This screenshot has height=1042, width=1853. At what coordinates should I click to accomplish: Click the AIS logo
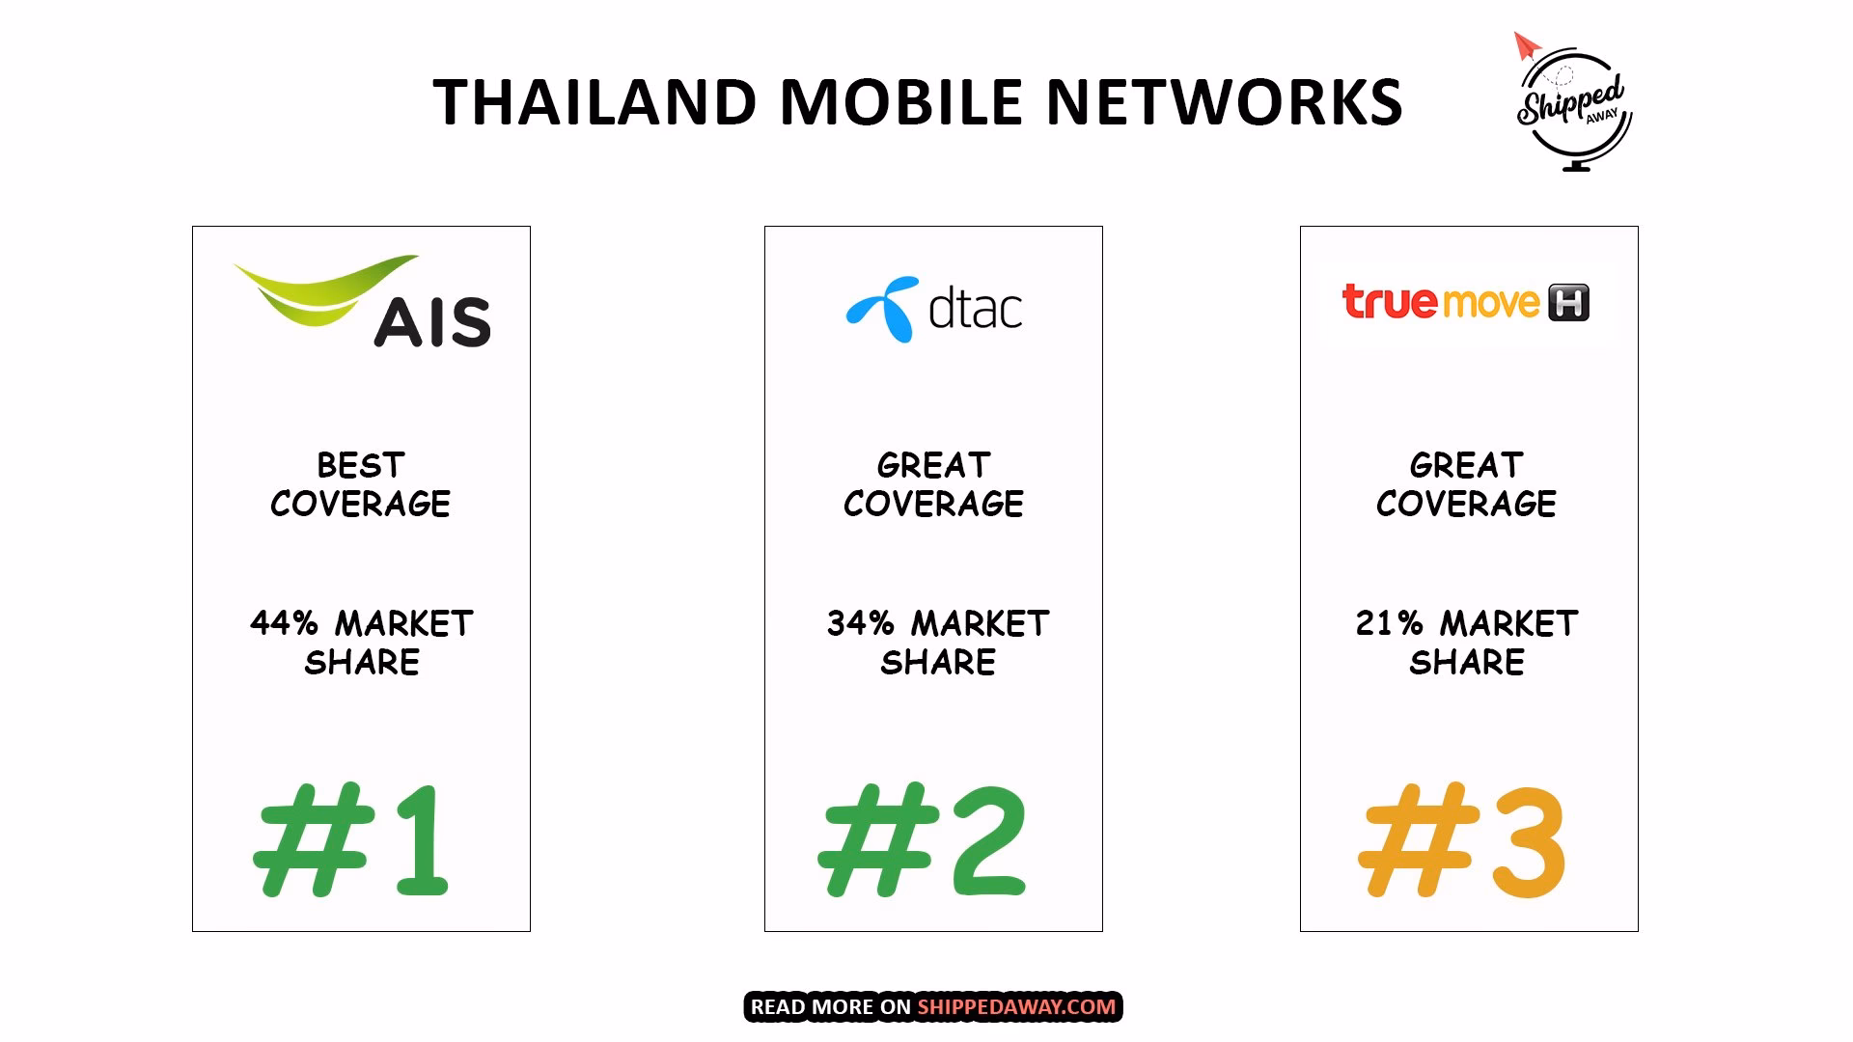click(x=362, y=301)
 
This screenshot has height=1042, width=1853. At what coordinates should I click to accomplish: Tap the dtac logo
click(x=933, y=309)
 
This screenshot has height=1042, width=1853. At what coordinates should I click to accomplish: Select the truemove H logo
click(x=1465, y=302)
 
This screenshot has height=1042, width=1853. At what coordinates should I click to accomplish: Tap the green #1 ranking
click(x=351, y=839)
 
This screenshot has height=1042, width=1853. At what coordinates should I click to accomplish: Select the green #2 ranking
click(x=923, y=839)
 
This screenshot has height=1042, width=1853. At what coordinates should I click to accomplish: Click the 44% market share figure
click(x=284, y=623)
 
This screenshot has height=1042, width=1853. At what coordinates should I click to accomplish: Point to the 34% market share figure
click(x=860, y=623)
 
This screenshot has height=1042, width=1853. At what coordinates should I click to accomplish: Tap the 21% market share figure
click(x=1389, y=623)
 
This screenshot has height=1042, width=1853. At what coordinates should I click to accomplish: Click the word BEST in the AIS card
click(x=361, y=466)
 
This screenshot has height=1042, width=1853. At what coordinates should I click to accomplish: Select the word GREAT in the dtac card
click(x=933, y=466)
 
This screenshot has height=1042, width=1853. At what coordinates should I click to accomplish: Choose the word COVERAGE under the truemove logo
click(x=1466, y=504)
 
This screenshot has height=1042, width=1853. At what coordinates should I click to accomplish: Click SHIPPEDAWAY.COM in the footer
click(x=1016, y=1007)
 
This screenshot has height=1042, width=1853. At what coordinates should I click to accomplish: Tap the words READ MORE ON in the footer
click(x=830, y=1007)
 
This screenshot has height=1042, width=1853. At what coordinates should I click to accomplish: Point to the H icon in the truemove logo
click(x=1568, y=303)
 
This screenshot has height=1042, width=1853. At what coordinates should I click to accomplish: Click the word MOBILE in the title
click(x=900, y=102)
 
